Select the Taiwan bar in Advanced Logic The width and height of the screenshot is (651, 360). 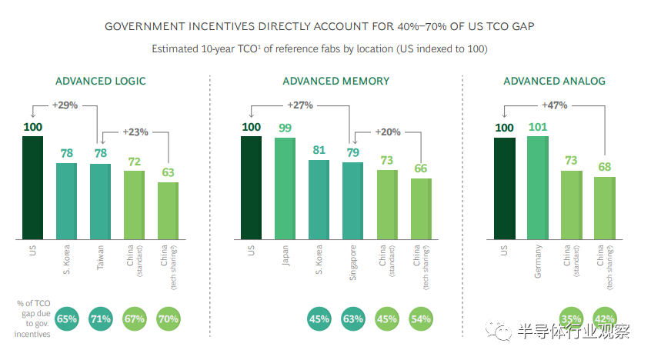[x=101, y=201]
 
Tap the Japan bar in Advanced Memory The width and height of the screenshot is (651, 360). [x=285, y=188]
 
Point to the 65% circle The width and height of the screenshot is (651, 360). [x=67, y=318]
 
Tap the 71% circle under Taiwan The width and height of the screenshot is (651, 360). [x=101, y=318]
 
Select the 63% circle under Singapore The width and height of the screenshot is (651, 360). [x=353, y=318]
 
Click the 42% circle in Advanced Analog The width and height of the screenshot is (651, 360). [x=604, y=318]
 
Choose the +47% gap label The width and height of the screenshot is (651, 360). [x=555, y=104]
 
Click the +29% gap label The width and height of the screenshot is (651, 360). [x=65, y=104]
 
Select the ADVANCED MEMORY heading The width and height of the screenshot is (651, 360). [x=336, y=81]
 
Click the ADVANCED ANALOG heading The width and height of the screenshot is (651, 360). [x=554, y=81]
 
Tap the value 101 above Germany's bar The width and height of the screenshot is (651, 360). [x=537, y=127]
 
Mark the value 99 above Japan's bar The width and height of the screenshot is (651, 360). [x=285, y=128]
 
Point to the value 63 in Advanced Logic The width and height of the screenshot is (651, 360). [x=169, y=173]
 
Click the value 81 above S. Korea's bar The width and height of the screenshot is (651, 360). [x=319, y=151]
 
